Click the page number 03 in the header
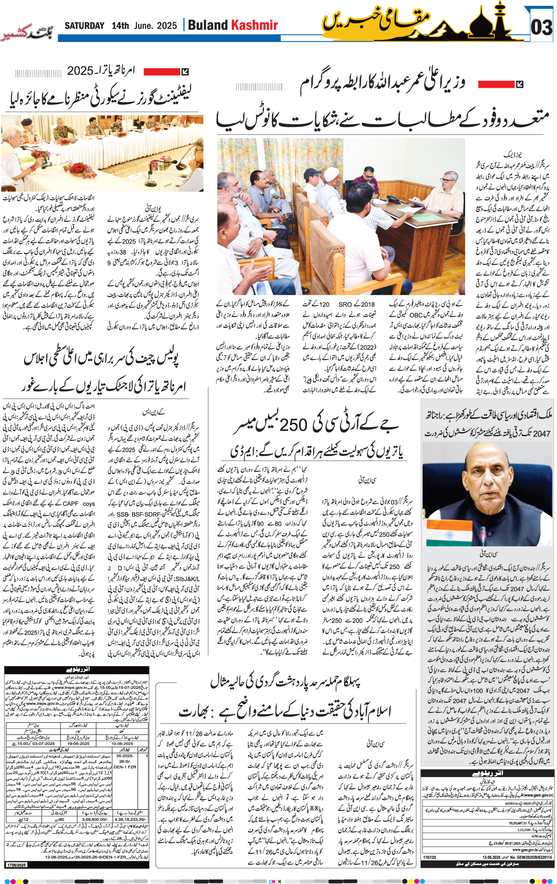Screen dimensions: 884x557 tap(541, 27)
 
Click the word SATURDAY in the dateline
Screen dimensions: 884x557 tap(84, 26)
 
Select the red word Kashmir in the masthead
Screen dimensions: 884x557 tap(255, 25)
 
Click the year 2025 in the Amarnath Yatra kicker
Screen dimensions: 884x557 tap(80, 71)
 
